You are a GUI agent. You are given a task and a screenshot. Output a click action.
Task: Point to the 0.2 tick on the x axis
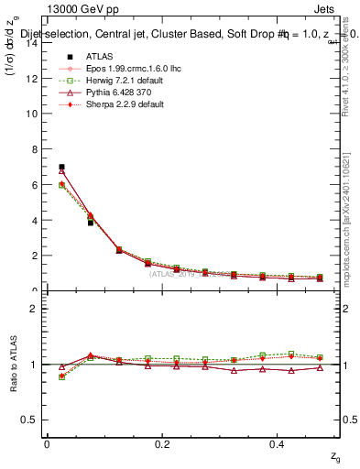tap(163, 444)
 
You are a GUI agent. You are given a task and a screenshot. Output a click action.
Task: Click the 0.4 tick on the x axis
tap(278, 444)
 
